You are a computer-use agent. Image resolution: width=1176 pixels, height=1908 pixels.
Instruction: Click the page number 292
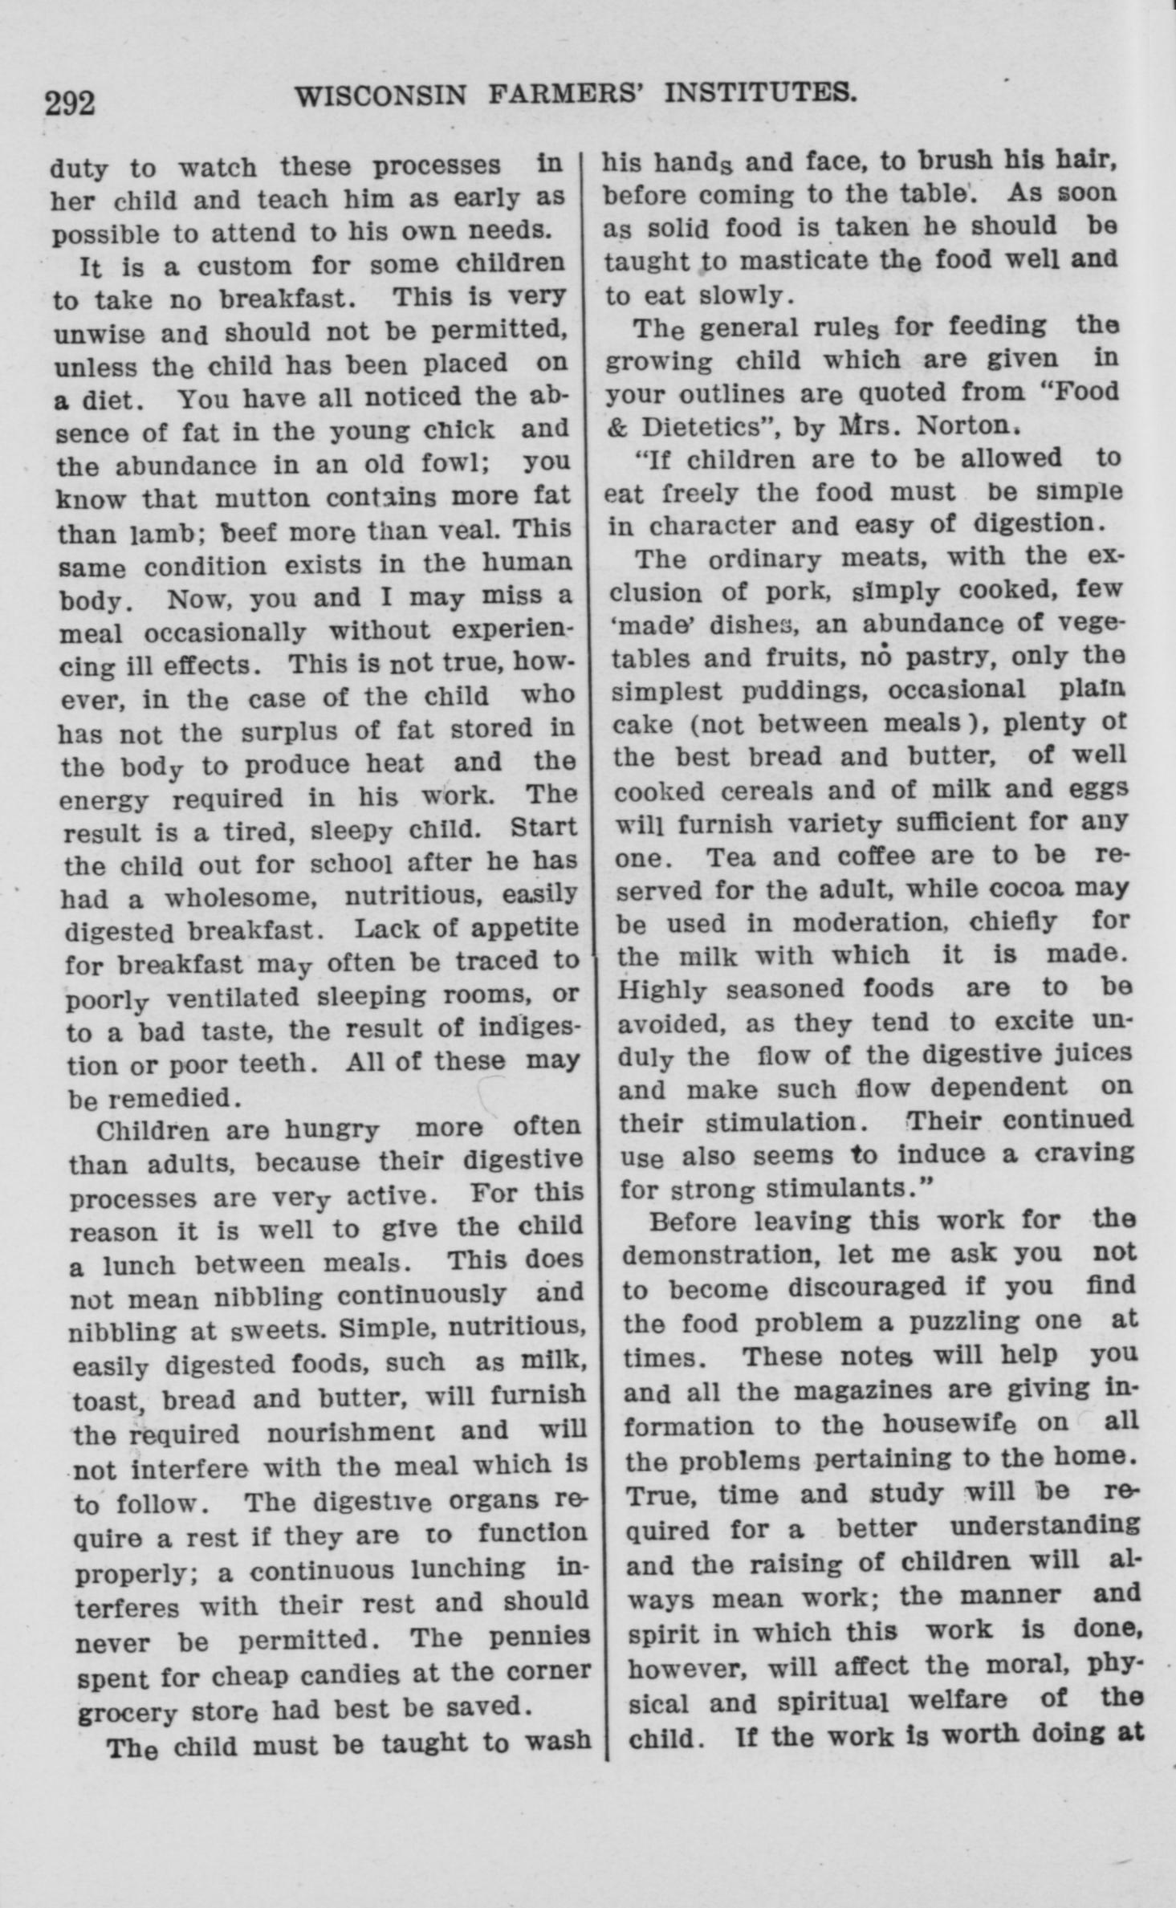pyautogui.click(x=70, y=104)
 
